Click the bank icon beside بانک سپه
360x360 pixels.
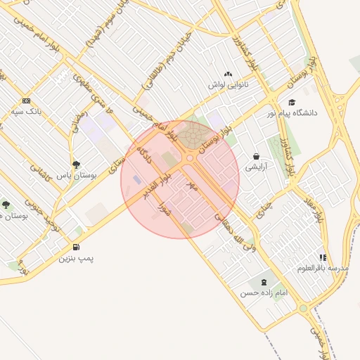[26, 101]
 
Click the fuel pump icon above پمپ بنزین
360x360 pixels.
[76, 247]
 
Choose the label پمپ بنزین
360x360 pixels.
[77, 258]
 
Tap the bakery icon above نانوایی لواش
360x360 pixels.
[227, 74]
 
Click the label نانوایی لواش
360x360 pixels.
[228, 84]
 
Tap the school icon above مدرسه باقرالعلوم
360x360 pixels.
[323, 257]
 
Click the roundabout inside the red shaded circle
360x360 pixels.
[190, 157]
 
